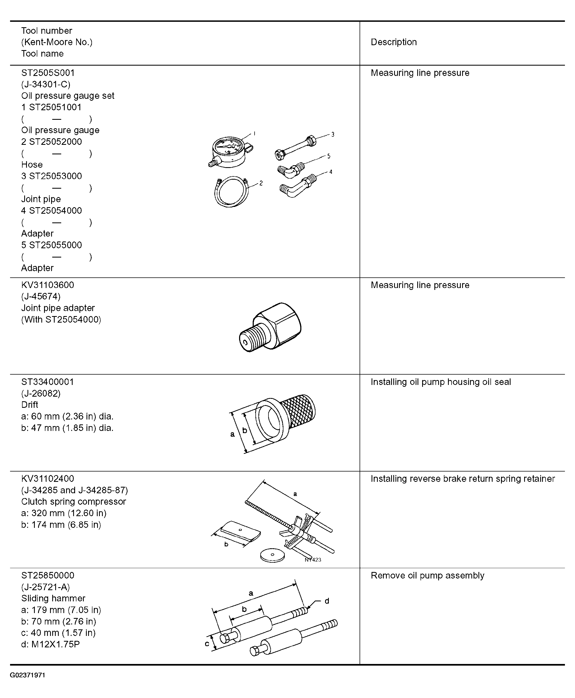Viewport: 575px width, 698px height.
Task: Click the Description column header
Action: [394, 42]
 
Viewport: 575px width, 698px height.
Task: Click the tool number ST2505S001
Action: [48, 73]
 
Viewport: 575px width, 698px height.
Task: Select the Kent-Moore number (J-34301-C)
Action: [46, 84]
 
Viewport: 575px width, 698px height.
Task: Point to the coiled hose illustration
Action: [231, 192]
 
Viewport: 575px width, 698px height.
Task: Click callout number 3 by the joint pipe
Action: [333, 134]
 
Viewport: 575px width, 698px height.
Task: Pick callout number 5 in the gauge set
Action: [329, 156]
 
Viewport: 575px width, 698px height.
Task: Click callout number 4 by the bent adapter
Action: [330, 172]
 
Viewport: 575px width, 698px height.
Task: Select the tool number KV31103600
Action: [48, 285]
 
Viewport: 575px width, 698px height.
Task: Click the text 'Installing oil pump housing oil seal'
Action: [441, 382]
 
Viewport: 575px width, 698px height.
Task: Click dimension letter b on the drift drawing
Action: [245, 430]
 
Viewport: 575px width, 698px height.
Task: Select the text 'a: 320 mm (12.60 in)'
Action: [64, 513]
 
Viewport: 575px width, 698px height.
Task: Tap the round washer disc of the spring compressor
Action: [272, 555]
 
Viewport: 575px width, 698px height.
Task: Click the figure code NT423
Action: [313, 560]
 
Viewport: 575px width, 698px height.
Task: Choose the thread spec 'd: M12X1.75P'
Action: [50, 644]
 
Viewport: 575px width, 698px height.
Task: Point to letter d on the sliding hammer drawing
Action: [327, 601]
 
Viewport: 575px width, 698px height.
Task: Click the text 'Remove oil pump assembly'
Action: [427, 575]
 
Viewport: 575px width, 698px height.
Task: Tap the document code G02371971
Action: [27, 675]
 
